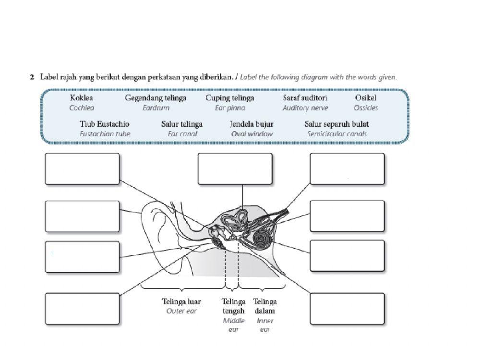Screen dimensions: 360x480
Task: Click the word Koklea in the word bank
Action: pos(82,98)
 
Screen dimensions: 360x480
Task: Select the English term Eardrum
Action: pos(156,108)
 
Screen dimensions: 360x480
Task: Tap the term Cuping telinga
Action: pos(230,98)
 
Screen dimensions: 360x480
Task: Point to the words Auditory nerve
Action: pos(305,108)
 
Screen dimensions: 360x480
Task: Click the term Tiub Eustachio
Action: pos(104,124)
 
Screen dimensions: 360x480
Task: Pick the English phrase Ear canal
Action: pos(182,134)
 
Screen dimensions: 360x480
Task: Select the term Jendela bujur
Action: pos(252,124)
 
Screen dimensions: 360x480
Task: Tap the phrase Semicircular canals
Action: pos(336,134)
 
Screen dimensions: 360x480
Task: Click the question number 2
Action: pos(32,77)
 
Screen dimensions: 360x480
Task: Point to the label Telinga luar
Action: pos(181,302)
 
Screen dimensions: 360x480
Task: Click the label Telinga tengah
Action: pos(234,306)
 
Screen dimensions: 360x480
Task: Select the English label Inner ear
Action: pos(265,325)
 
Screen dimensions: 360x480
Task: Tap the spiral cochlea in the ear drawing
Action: pos(262,237)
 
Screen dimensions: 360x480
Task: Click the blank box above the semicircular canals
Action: pos(235,168)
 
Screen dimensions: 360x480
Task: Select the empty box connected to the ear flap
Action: pos(82,216)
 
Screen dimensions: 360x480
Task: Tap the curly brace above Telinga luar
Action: pos(182,289)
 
